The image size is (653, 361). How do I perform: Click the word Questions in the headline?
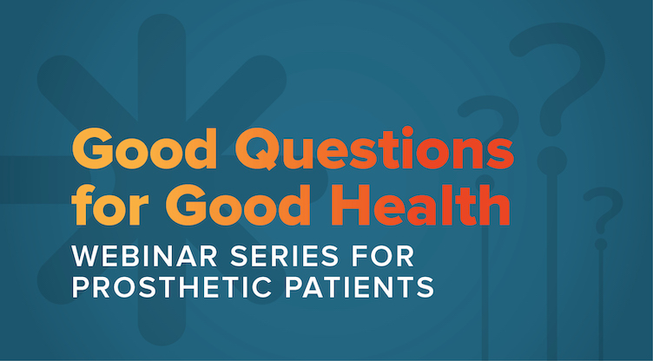tap(374, 149)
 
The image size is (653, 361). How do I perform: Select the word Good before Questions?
tap(144, 149)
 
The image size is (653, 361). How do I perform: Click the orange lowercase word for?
tap(115, 205)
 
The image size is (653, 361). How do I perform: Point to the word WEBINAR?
tap(144, 256)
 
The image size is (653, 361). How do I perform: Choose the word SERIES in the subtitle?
tap(284, 256)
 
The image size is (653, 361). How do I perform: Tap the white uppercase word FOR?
tap(383, 256)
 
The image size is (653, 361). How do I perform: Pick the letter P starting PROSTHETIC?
tap(80, 287)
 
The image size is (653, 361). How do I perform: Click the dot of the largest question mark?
tap(551, 161)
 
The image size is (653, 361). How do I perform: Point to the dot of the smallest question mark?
tap(601, 245)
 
